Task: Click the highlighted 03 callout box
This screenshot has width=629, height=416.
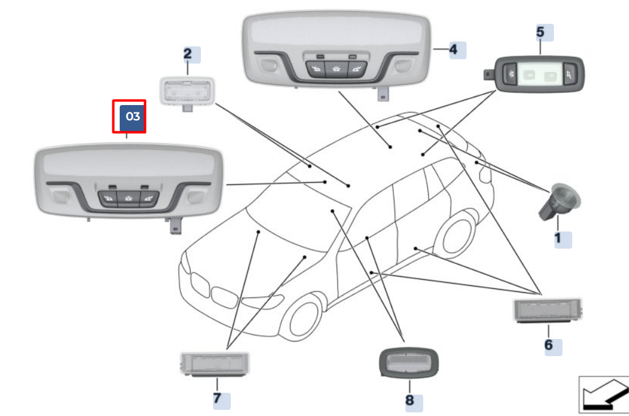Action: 133,117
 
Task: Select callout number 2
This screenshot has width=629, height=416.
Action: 187,53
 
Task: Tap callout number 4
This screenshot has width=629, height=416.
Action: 453,49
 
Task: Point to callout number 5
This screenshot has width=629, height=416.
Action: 540,31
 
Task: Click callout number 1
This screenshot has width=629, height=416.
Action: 558,238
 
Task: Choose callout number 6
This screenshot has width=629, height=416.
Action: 548,345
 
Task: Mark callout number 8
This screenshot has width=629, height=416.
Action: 409,401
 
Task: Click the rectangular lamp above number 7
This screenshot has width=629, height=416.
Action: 216,364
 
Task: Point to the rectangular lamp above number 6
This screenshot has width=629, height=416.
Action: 547,310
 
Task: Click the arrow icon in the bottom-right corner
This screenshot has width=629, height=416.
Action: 603,394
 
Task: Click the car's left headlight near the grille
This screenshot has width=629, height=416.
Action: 267,302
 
